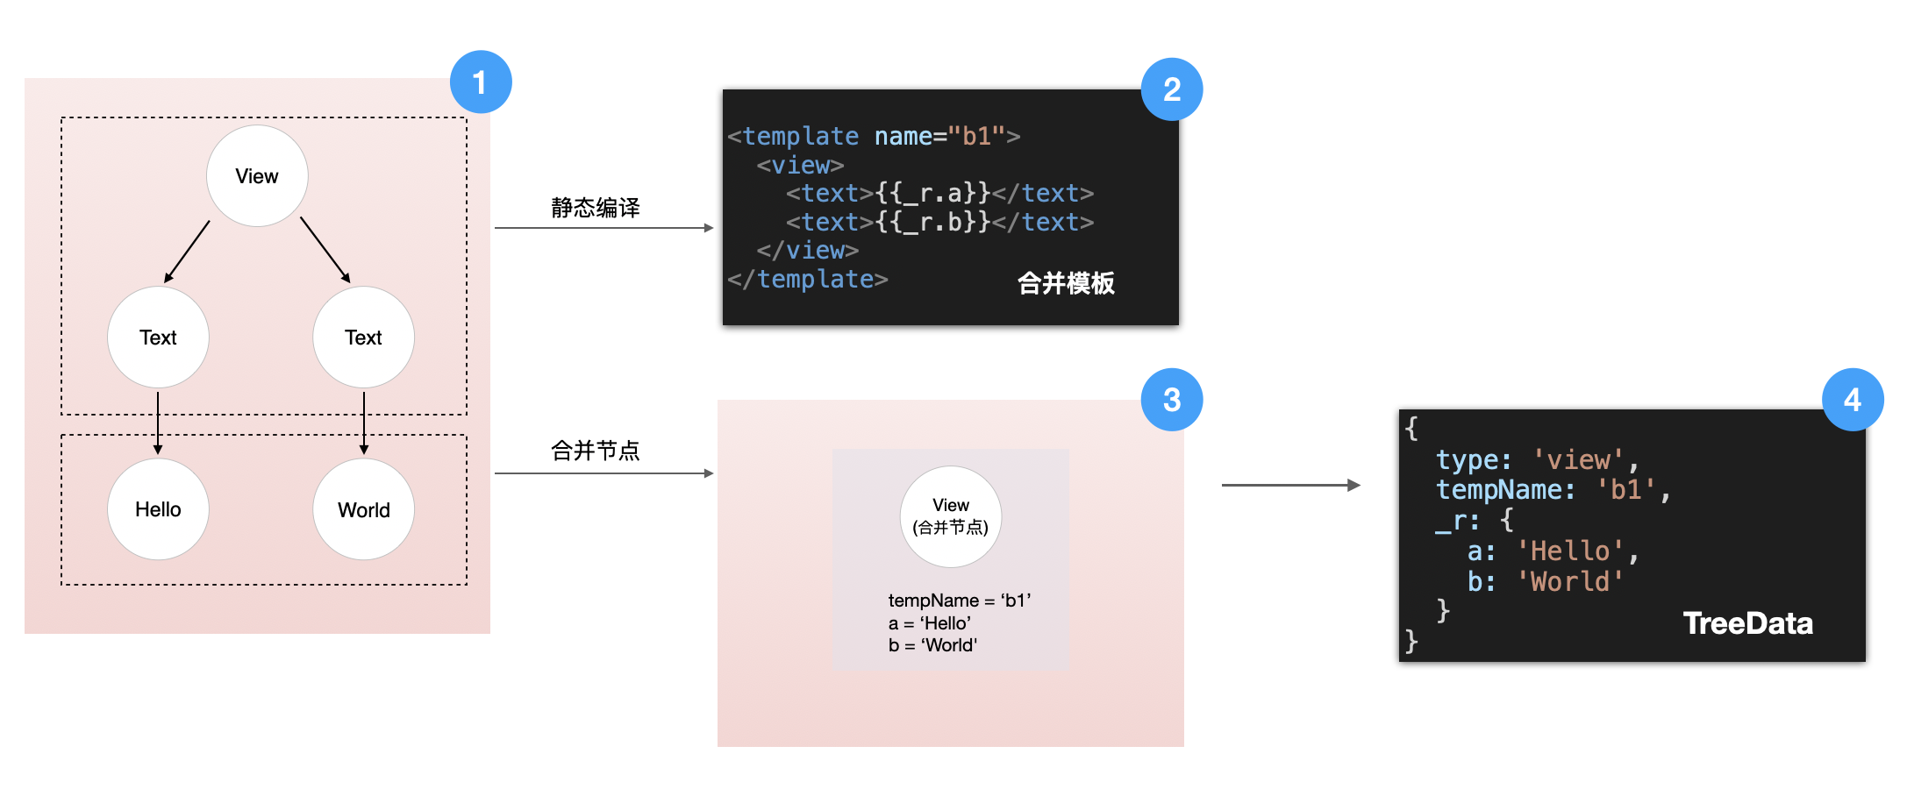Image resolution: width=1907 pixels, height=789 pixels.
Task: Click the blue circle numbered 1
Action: [481, 82]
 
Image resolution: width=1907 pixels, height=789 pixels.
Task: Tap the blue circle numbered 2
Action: [1171, 89]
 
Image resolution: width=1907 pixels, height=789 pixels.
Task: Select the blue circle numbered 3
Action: [1171, 400]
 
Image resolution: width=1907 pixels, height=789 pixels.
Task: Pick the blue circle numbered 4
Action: [1852, 400]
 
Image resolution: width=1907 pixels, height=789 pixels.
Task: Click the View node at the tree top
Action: [257, 176]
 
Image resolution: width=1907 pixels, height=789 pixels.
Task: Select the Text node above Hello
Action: [158, 338]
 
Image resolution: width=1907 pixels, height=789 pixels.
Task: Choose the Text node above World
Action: [363, 338]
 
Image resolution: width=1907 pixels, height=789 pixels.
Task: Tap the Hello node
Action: [158, 509]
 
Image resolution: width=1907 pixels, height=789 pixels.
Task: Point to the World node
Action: [363, 509]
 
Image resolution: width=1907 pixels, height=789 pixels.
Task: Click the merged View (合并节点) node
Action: [951, 516]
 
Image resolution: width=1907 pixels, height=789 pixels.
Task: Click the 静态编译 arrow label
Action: [596, 208]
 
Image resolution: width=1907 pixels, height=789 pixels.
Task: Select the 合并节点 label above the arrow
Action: [596, 451]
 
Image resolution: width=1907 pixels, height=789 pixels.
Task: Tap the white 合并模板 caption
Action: [1066, 283]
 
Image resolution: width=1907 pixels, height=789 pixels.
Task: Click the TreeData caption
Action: [1747, 623]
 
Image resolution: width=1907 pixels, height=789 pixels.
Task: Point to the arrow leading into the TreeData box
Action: [1290, 485]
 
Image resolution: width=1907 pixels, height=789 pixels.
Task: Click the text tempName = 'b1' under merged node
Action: [959, 601]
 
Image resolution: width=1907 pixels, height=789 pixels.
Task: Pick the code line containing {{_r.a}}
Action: [939, 193]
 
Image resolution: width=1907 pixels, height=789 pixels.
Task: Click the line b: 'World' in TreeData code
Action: [1545, 581]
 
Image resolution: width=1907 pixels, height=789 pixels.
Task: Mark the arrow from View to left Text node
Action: [187, 252]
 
